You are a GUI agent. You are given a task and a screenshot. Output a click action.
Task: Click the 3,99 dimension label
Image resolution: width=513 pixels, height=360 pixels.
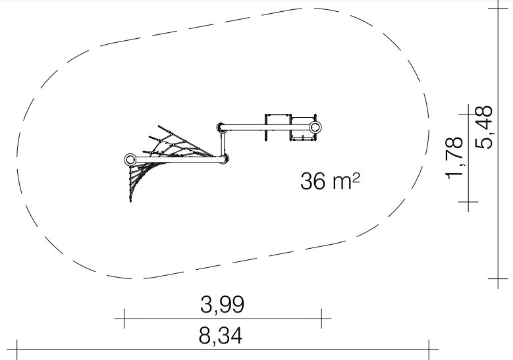click(222, 305)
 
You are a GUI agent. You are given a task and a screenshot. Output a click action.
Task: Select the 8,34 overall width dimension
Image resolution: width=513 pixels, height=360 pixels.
click(221, 336)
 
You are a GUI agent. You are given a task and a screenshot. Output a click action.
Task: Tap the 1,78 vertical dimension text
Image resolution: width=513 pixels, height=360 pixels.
click(455, 158)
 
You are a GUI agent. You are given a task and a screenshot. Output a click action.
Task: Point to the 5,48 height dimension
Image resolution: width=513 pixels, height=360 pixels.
click(484, 127)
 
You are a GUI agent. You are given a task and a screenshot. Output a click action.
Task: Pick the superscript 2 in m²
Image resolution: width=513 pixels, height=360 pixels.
click(356, 177)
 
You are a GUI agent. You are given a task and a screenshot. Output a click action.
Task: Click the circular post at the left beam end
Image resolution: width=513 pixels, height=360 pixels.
click(130, 160)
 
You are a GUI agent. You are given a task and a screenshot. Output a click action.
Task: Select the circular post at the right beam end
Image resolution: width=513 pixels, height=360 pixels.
click(315, 127)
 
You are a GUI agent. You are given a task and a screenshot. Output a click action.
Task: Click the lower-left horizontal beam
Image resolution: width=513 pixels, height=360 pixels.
click(179, 160)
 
